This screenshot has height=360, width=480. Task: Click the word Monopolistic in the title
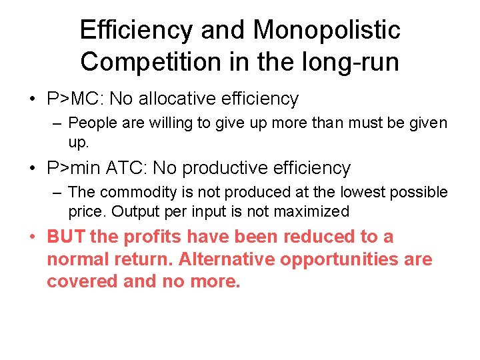[x=327, y=29]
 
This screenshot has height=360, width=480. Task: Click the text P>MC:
[x=75, y=99]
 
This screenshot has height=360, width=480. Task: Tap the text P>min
[x=78, y=168]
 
